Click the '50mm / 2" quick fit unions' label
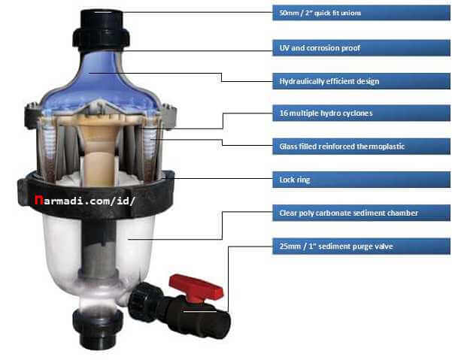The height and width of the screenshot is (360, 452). click(x=320, y=13)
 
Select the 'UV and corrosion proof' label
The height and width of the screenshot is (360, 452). click(x=320, y=48)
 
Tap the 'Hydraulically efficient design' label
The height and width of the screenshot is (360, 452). click(x=329, y=81)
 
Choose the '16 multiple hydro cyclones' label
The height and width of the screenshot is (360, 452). click(x=326, y=113)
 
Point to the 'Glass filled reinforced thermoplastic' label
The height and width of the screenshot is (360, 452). click(x=342, y=147)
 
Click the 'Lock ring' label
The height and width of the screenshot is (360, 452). click(x=295, y=180)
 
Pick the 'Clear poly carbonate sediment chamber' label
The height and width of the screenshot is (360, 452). click(x=348, y=213)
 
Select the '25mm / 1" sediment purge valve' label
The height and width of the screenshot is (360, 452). click(x=336, y=247)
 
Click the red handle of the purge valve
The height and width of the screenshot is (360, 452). click(x=196, y=287)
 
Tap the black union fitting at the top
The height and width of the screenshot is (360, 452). click(x=101, y=29)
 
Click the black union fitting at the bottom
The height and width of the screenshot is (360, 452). click(x=98, y=328)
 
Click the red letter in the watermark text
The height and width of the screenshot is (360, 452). click(x=38, y=200)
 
